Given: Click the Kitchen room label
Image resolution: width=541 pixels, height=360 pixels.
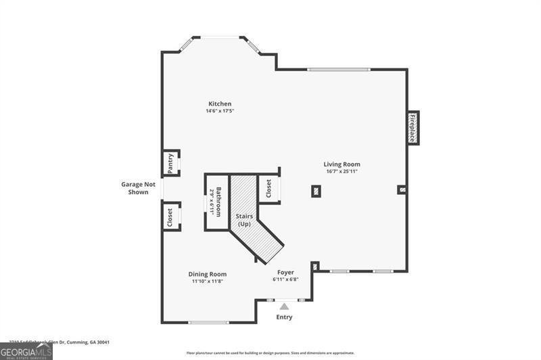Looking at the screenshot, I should coord(220,104).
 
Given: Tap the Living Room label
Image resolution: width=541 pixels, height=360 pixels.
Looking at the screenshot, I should coord(341,164).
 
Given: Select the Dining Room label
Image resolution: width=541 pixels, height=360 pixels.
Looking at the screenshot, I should coord(207,273).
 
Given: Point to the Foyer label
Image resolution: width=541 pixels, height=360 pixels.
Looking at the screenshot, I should coord(285,272).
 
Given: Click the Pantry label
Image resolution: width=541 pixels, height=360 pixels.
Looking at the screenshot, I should coord(171,163).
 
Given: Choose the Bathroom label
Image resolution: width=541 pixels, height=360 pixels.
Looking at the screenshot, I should coord(218,196).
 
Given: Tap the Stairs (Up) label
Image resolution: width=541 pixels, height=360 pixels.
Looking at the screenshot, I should coord(244,220).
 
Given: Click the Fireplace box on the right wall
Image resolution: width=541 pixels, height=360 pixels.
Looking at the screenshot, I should coord(411,127).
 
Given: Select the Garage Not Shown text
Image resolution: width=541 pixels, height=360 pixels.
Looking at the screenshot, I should coord(138,187).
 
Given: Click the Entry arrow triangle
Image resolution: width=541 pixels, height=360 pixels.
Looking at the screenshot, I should coord(284,307).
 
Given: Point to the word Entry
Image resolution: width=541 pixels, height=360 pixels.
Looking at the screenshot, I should coord(284,317).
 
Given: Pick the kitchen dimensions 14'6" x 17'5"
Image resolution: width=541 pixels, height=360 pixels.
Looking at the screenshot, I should coord(220,111).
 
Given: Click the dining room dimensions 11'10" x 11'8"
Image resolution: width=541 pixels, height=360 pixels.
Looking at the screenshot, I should coord(207,281).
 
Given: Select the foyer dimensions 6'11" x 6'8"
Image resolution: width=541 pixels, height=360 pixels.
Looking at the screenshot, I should coord(285,279).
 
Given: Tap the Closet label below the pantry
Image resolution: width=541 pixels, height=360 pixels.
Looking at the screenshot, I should coord(170,216).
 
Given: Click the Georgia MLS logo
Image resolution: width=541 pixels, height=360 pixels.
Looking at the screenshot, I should coord(26,351).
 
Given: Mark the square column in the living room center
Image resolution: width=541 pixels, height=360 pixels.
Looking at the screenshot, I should coord(316,191).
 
